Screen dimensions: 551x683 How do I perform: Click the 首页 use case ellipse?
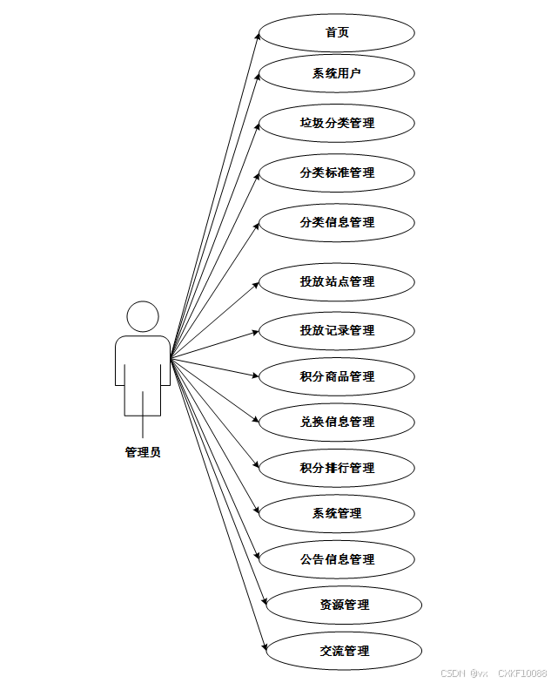pyautogui.click(x=336, y=33)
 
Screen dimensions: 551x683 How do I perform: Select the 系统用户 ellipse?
pyautogui.click(x=336, y=74)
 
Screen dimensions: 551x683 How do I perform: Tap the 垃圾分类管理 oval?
pyautogui.click(x=336, y=124)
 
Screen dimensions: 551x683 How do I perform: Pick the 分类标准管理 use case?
pyautogui.click(x=336, y=173)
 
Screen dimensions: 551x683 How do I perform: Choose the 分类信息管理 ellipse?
pyautogui.click(x=336, y=223)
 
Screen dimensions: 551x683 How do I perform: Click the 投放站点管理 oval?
pyautogui.click(x=336, y=282)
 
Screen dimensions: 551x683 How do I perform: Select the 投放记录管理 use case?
pyautogui.click(x=336, y=331)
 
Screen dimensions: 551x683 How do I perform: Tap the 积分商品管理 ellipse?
pyautogui.click(x=336, y=377)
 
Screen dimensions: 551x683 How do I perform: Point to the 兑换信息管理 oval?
pyautogui.click(x=336, y=423)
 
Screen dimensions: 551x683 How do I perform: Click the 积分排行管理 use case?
pyautogui.click(x=336, y=469)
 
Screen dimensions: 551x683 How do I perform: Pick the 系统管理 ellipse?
pyautogui.click(x=336, y=514)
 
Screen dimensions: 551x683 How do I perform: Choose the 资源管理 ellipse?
pyautogui.click(x=344, y=605)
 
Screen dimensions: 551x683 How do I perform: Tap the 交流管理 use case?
pyautogui.click(x=344, y=652)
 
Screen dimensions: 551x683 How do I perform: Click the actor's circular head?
pyautogui.click(x=143, y=317)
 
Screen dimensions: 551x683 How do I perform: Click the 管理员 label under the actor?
pyautogui.click(x=143, y=453)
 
